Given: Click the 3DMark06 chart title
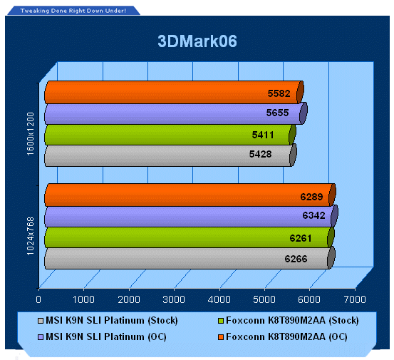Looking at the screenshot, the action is (197, 41).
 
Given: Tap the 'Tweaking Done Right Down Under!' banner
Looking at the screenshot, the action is (73, 11).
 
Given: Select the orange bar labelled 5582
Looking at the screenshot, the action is (174, 92).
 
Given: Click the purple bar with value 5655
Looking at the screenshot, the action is (176, 113).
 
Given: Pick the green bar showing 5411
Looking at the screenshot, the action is (170, 135).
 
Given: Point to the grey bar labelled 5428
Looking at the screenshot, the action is (170, 155).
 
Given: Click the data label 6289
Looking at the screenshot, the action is (311, 197).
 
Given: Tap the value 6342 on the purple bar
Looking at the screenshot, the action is (313, 215).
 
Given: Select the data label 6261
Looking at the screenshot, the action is (301, 238).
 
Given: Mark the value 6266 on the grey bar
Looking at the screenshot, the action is (296, 259).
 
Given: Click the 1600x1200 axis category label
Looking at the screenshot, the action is (30, 134).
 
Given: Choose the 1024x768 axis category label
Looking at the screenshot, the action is (30, 236).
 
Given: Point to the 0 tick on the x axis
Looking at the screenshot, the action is (38, 299).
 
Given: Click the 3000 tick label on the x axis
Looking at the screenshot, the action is (174, 299).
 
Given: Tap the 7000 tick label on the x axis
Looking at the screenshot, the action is (355, 299).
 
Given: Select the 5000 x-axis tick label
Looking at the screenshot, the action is (264, 299).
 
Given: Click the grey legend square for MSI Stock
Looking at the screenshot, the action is (41, 321).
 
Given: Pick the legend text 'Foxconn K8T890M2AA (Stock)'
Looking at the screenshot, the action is (293, 321).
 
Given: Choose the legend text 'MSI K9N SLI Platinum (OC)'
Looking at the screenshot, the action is (106, 337).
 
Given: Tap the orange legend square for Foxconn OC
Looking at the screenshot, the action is (221, 337).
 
